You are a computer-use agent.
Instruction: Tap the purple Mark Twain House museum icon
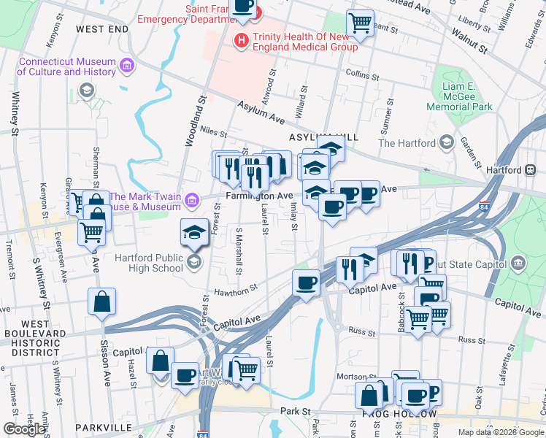pyautogui.click(x=191, y=199)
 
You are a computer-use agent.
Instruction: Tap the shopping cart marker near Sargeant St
pyautogui.click(x=360, y=23)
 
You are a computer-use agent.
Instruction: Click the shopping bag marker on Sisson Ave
pyautogui.click(x=101, y=301)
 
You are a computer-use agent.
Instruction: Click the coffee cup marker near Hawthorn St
pyautogui.click(x=305, y=282)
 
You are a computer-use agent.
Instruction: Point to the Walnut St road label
pyautogui.click(x=469, y=43)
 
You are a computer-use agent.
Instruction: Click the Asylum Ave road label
pyautogui.click(x=261, y=112)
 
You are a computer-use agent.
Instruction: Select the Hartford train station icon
pyautogui.click(x=530, y=169)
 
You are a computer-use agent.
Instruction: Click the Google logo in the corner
pyautogui.click(x=24, y=429)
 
